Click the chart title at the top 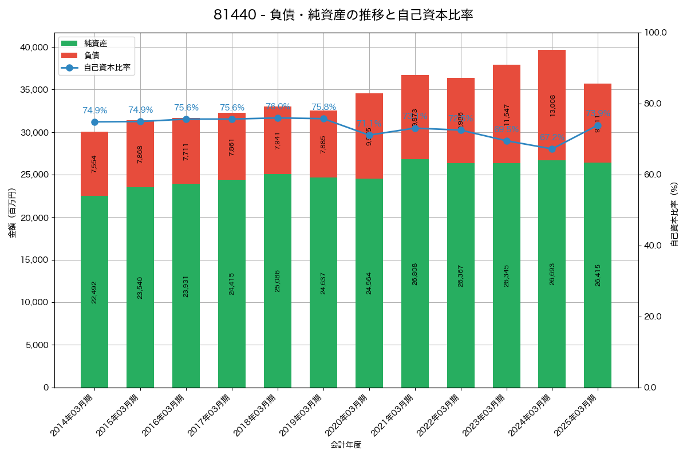(343, 15)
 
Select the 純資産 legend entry (95, 44)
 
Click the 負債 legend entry (91, 56)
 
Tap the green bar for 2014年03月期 (94, 291)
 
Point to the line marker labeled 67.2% (552, 149)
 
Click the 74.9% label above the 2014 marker (94, 110)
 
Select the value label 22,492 (94, 291)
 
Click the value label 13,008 (552, 105)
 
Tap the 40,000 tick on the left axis (34, 47)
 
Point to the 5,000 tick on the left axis (36, 345)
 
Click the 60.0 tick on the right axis (654, 175)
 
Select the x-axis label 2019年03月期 (303, 415)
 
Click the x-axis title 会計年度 (346, 445)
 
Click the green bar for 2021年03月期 (415, 273)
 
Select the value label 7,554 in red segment (94, 164)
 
